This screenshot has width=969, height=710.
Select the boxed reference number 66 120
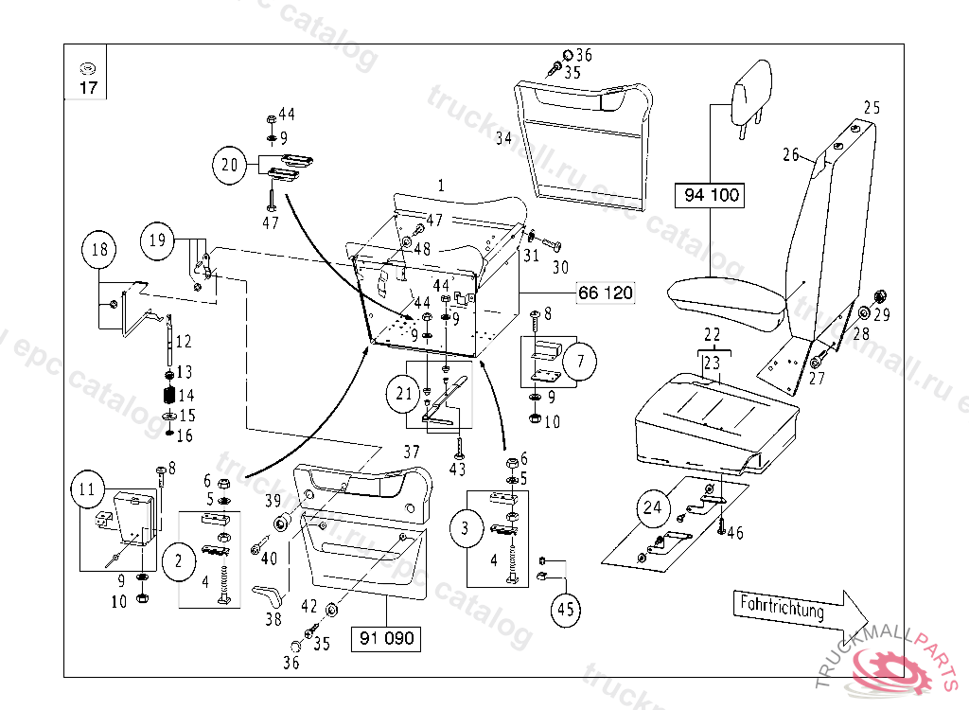[x=605, y=293]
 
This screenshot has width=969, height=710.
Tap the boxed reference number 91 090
[x=386, y=638]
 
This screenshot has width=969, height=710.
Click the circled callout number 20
[x=230, y=165]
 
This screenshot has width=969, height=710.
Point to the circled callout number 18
[x=99, y=251]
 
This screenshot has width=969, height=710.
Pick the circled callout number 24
[x=652, y=507]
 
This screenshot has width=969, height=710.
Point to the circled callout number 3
[x=465, y=528]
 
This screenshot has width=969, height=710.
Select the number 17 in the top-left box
[x=88, y=89]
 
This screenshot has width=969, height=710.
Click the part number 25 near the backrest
[x=872, y=108]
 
